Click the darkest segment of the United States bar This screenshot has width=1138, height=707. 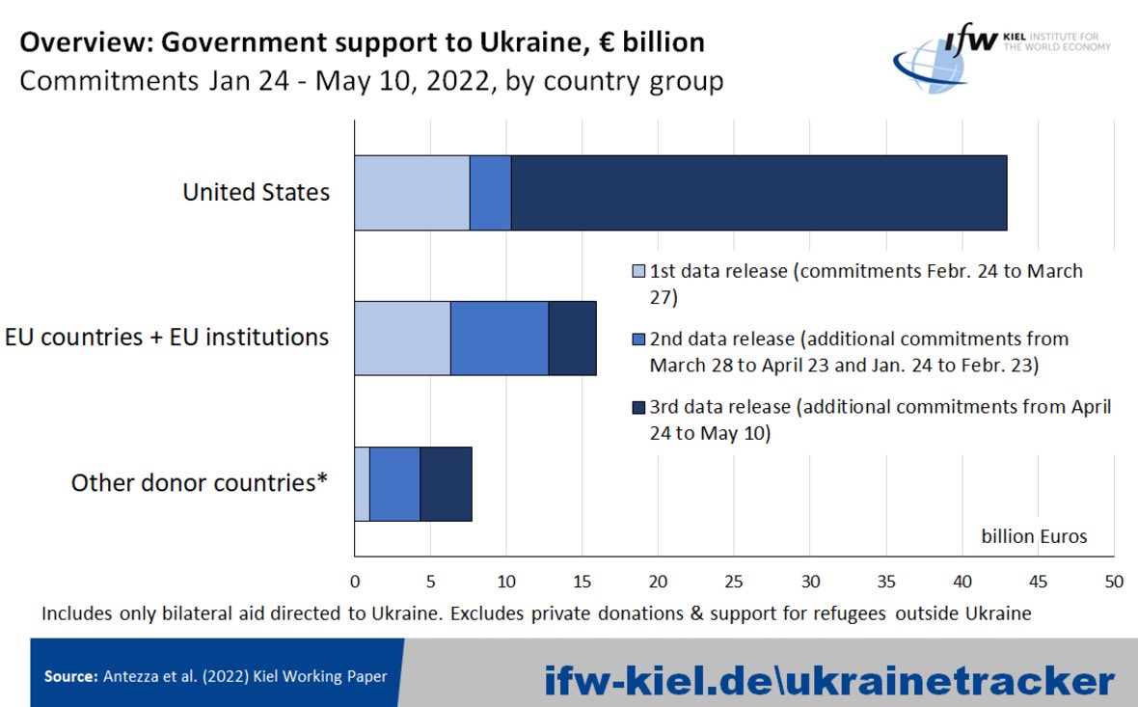[758, 193]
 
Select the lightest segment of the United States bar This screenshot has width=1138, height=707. [412, 193]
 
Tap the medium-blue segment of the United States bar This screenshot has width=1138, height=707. [490, 193]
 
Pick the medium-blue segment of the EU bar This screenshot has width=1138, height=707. [499, 338]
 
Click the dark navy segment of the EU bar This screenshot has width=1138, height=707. [572, 338]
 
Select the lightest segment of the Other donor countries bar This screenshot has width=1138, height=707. [362, 483]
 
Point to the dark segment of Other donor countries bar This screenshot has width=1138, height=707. [446, 483]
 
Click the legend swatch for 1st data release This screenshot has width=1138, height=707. [637, 272]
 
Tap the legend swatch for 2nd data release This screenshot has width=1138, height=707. [637, 340]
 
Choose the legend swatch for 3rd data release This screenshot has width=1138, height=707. [637, 408]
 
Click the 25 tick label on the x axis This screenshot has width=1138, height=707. [734, 582]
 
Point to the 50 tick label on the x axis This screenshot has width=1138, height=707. [1114, 582]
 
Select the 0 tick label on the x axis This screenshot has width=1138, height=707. [355, 582]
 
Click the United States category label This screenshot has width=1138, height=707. [256, 192]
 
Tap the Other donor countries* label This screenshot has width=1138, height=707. [200, 482]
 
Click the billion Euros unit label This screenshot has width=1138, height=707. [1034, 536]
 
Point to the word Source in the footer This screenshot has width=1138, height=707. [69, 677]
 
